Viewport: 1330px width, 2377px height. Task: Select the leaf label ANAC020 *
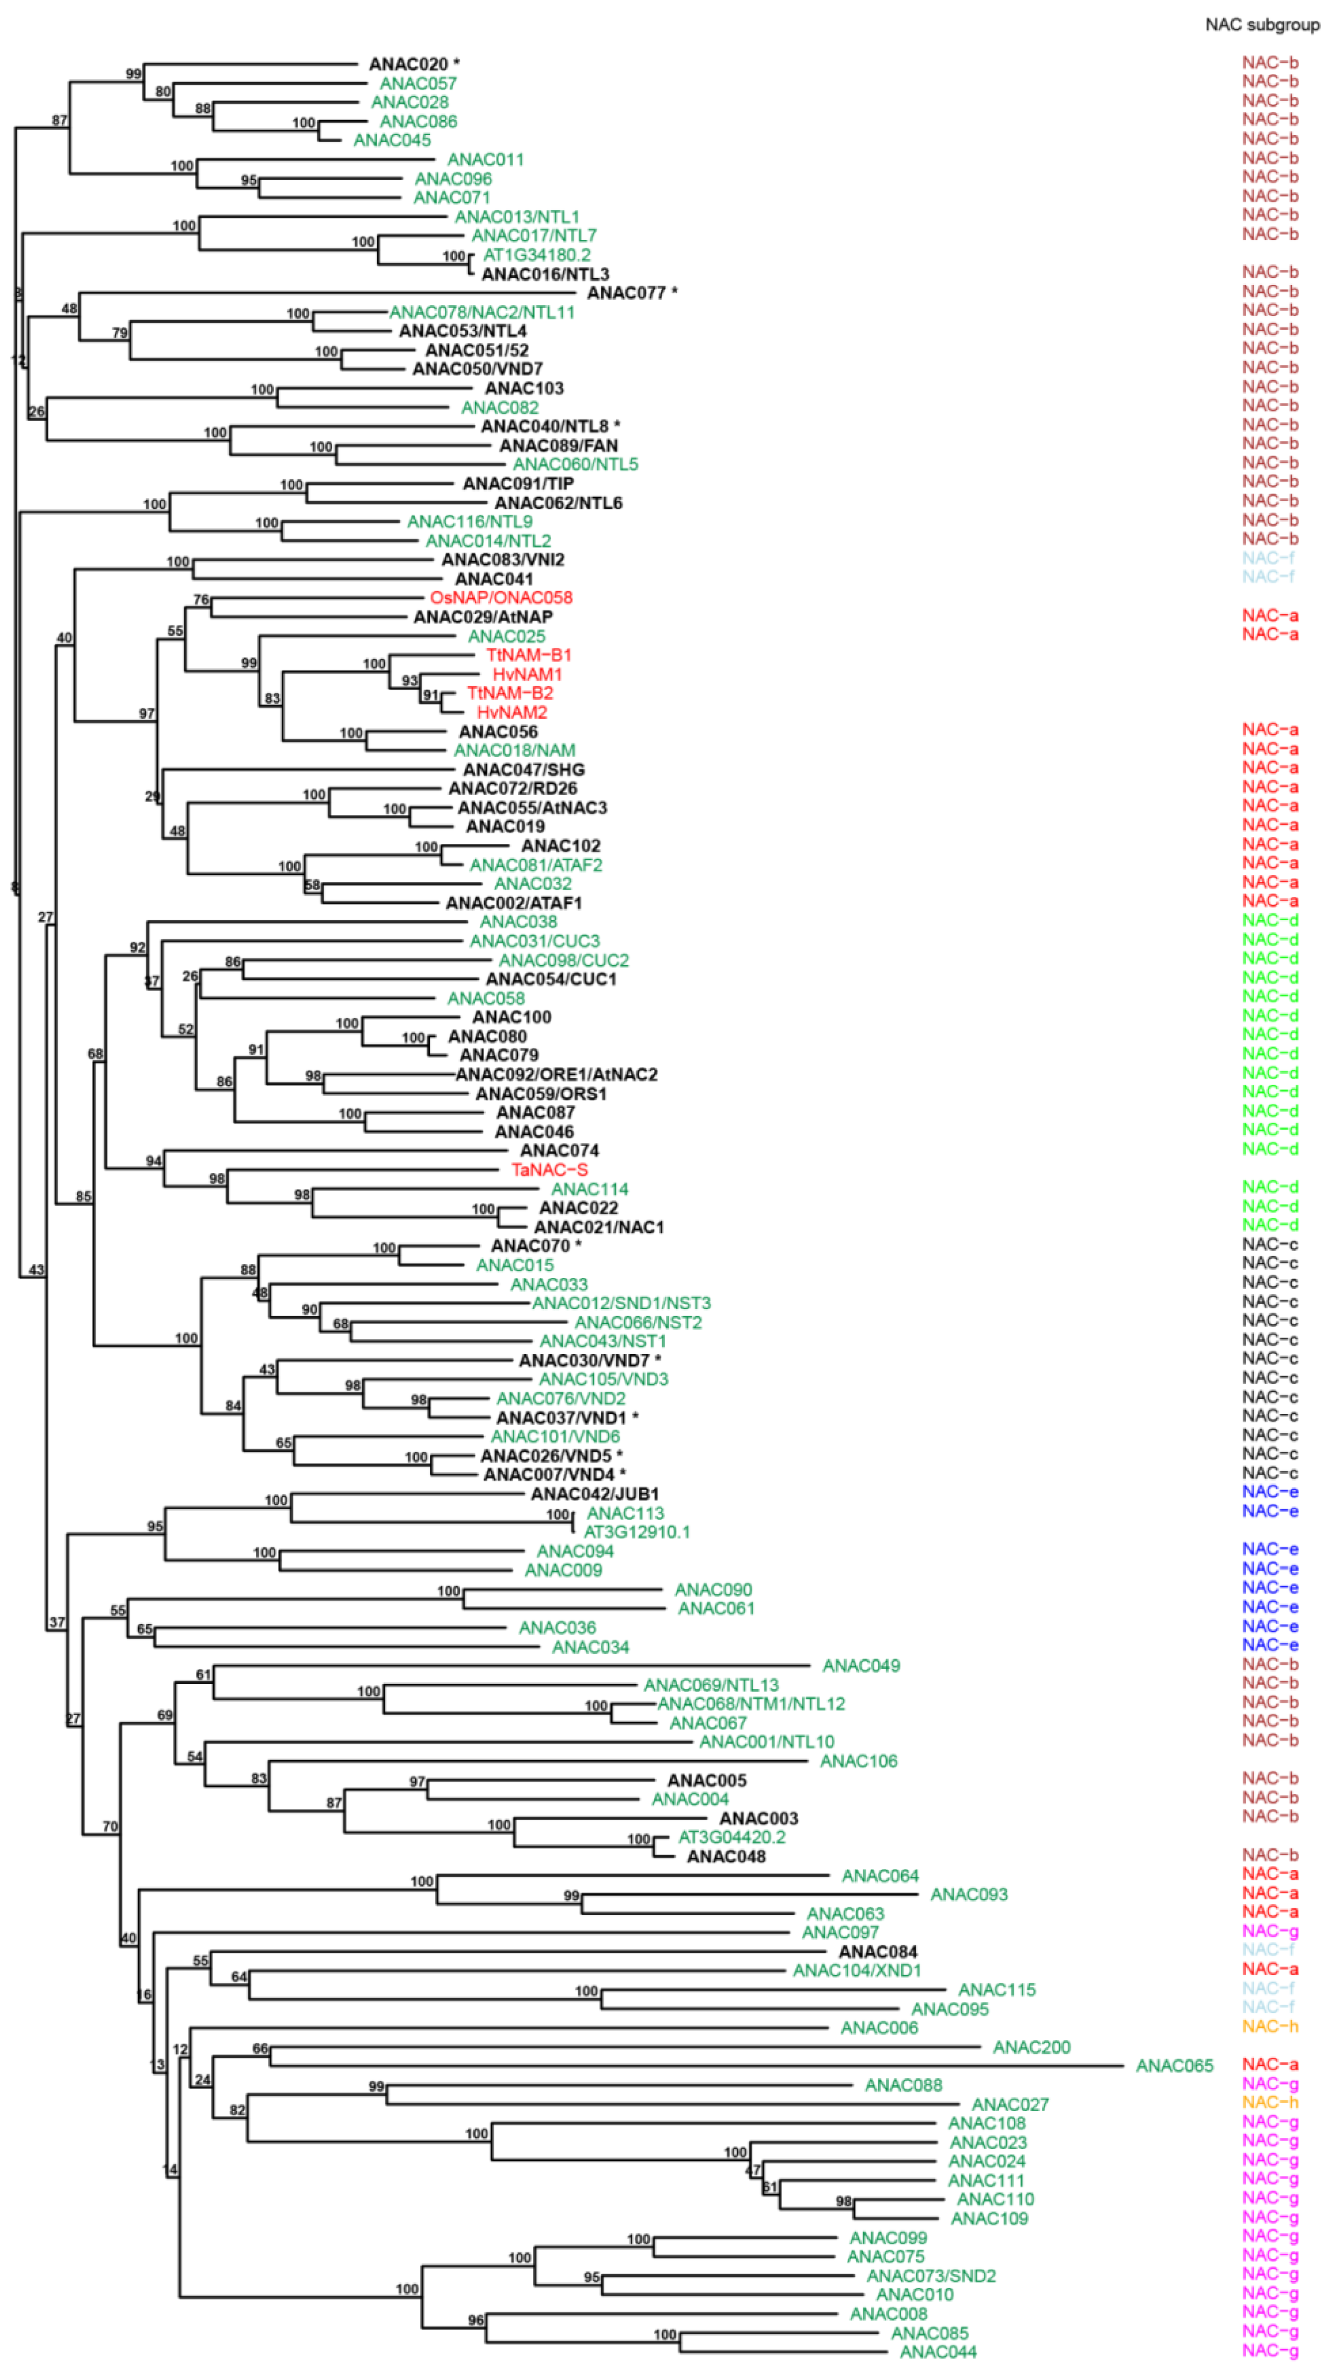click(x=413, y=64)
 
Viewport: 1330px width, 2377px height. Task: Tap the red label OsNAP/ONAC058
click(x=501, y=598)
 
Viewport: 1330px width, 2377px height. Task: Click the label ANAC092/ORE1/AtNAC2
click(x=556, y=1075)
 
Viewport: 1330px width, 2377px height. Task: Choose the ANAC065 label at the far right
click(x=1174, y=2066)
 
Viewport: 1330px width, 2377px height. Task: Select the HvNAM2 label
click(x=512, y=712)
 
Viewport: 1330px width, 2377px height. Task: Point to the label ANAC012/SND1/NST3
click(x=622, y=1303)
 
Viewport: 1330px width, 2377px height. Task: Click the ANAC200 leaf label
click(x=1031, y=2047)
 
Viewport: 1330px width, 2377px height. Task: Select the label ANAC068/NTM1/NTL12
click(x=751, y=1703)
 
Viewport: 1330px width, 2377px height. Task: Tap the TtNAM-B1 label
click(x=529, y=655)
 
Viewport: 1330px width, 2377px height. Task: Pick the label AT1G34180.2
click(x=537, y=255)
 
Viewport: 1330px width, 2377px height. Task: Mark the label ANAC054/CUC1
click(x=551, y=979)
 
